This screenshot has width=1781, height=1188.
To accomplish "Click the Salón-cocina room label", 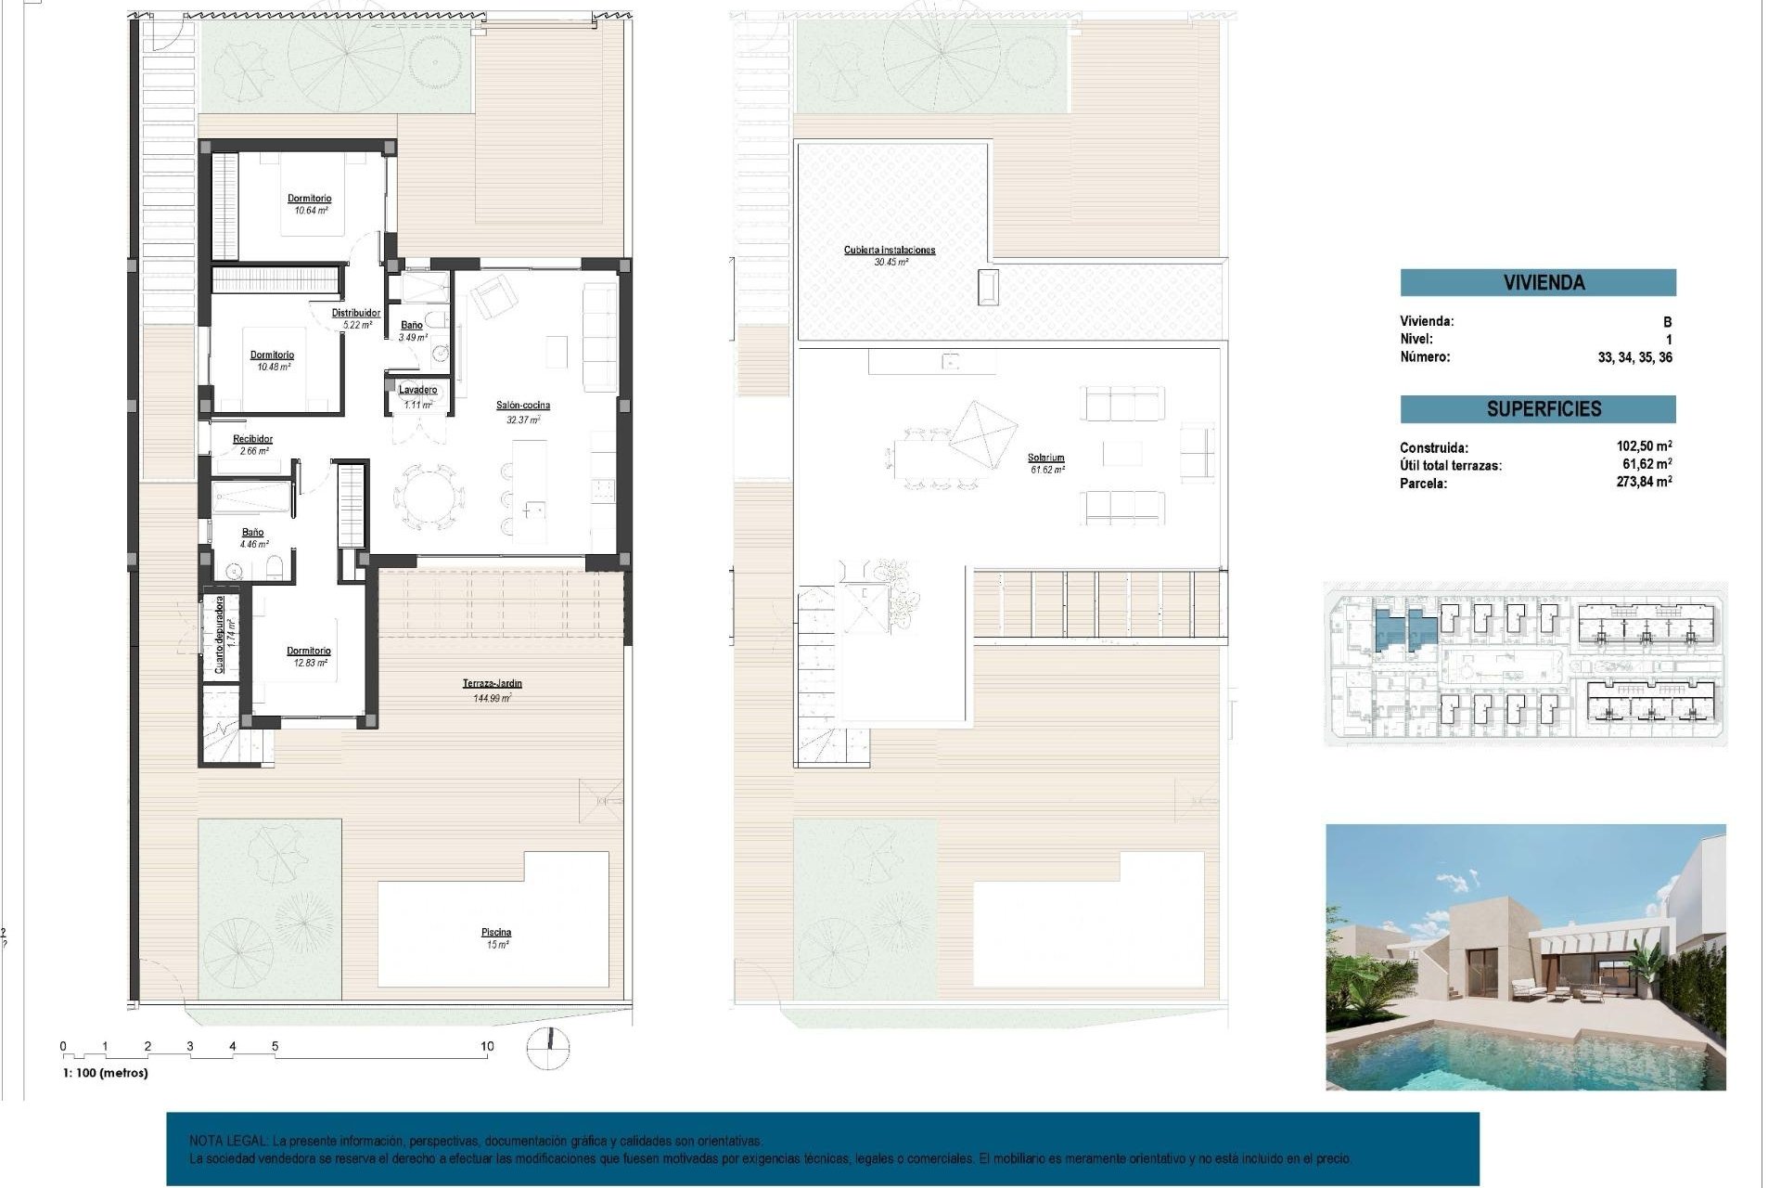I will click(522, 406).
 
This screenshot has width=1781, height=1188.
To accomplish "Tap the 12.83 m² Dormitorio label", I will click(308, 652).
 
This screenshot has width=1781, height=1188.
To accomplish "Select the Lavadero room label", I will click(418, 390).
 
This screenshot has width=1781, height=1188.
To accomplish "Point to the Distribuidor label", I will click(356, 313).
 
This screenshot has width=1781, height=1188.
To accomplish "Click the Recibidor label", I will click(252, 439).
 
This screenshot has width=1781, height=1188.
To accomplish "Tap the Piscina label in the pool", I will click(496, 933).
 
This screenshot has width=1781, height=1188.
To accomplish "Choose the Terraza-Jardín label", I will click(492, 684).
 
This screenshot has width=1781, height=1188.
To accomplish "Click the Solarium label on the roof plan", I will click(1045, 458).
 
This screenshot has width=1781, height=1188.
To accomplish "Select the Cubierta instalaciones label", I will click(889, 250).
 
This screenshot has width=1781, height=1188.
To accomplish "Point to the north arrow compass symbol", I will click(547, 1048).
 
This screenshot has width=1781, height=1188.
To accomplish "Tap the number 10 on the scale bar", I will click(487, 1046).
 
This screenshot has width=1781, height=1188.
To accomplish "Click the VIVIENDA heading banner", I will click(1537, 282).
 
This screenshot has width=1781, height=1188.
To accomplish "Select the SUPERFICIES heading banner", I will click(1537, 408).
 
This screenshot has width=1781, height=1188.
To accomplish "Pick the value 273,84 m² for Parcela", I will click(1644, 482).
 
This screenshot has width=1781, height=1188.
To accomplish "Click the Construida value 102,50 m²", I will click(1644, 446).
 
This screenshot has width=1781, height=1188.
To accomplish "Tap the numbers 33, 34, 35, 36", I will click(1634, 357).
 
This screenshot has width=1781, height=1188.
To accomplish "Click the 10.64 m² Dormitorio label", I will click(309, 199).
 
